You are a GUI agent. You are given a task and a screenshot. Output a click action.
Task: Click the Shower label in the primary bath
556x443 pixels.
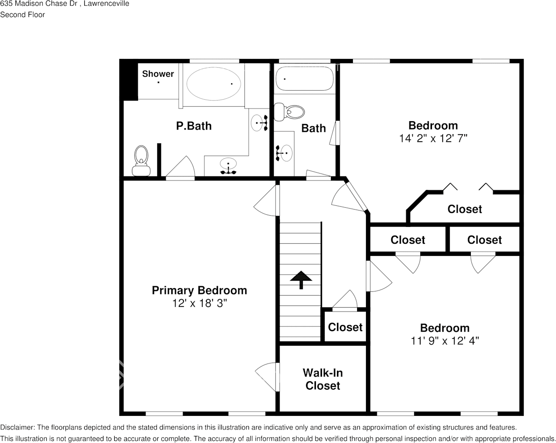coord(158,74)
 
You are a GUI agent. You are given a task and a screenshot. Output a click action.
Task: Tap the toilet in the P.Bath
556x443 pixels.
coord(141,160)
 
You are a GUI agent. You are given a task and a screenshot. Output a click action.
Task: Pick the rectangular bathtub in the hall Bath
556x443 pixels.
coord(304,79)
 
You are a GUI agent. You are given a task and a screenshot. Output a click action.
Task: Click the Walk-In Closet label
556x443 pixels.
coord(322,379)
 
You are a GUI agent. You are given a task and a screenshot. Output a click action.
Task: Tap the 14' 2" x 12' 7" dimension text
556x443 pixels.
coord(433,138)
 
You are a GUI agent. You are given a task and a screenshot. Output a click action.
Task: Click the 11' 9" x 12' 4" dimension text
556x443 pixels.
coord(445,341)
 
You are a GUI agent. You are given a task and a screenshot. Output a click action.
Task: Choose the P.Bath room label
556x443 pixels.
coord(194,126)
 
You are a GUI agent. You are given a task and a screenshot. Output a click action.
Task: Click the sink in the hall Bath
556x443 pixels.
coord(285,153)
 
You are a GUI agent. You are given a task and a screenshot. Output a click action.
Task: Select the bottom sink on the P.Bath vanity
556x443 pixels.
coord(228,165)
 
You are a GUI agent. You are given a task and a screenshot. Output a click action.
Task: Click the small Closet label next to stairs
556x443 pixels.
coord(345,327)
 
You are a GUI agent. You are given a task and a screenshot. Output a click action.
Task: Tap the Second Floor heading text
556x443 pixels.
coord(22,15)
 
